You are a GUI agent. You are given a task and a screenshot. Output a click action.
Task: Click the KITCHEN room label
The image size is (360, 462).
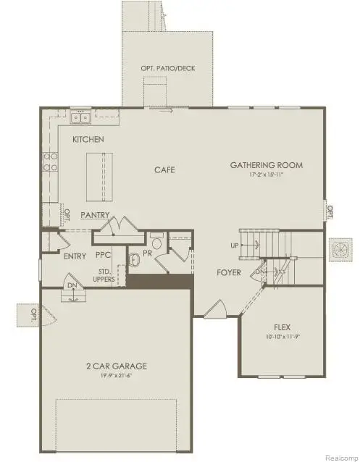pos(88,138)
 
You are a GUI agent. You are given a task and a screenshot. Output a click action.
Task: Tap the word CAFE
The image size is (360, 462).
pos(165,170)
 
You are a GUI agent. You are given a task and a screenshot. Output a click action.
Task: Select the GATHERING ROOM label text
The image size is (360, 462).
pos(267,165)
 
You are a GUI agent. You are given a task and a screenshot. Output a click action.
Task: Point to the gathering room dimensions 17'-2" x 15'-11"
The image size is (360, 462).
pos(267,175)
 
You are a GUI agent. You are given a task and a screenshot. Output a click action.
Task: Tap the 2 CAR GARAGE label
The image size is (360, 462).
pos(116,366)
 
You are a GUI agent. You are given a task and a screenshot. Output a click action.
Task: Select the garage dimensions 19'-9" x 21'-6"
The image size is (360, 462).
pos(116,376)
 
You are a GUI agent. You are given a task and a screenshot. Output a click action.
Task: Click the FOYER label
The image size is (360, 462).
pos(230,273)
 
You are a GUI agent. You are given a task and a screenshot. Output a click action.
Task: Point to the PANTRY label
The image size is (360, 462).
pos(96,215)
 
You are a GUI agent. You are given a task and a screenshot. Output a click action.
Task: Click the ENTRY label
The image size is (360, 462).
pos(75,256)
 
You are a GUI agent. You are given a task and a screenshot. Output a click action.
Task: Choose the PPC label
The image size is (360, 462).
pos(103,256)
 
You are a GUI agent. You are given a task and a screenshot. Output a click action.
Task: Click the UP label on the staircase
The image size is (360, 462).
pos(235,245)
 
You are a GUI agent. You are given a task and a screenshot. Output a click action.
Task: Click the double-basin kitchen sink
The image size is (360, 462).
pos(80,117)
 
